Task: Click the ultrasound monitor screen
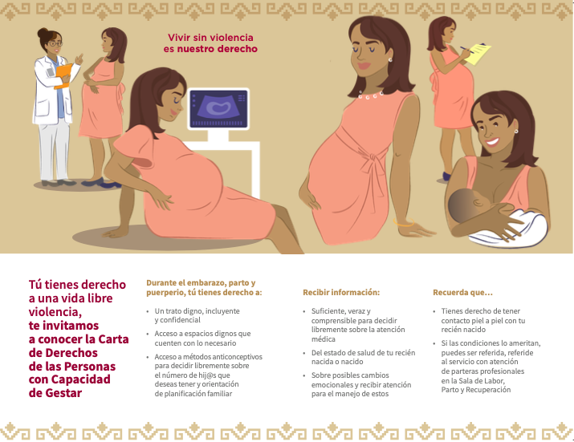(x=218, y=108)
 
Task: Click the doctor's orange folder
(x=63, y=75)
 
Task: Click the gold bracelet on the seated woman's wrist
(x=404, y=222)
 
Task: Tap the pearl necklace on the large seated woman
(x=371, y=96)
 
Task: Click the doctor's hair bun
(x=43, y=34)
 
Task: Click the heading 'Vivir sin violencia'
(x=210, y=38)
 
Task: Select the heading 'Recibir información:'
(x=341, y=292)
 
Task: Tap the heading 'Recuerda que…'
(x=462, y=292)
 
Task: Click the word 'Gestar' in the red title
(x=63, y=393)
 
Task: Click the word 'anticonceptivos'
(x=237, y=357)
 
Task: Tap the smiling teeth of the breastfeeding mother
(x=492, y=142)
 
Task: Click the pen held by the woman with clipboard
(x=466, y=50)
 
